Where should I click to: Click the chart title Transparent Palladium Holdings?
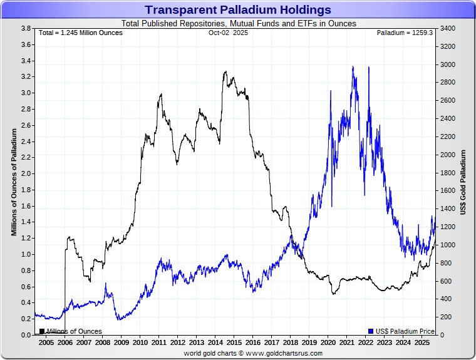(238, 10)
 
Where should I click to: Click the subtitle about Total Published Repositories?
(238, 24)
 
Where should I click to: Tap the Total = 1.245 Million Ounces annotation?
(81, 33)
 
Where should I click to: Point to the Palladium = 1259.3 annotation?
(405, 33)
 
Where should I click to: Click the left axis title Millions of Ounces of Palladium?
(14, 182)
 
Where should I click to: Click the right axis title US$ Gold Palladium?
(463, 182)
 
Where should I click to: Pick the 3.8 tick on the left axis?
(26, 29)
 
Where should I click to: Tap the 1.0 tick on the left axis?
(26, 254)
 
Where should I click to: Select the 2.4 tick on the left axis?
(26, 141)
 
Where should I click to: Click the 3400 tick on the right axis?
(448, 29)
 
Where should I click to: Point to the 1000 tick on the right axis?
(448, 245)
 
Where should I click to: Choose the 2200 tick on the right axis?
(448, 137)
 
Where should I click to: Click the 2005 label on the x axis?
(46, 343)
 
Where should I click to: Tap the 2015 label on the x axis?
(234, 343)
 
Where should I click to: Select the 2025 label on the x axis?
(422, 343)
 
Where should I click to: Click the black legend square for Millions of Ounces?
(42, 331)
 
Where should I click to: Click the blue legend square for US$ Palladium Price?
(371, 331)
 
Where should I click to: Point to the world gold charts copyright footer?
(253, 353)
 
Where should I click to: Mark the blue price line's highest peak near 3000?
(353, 67)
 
